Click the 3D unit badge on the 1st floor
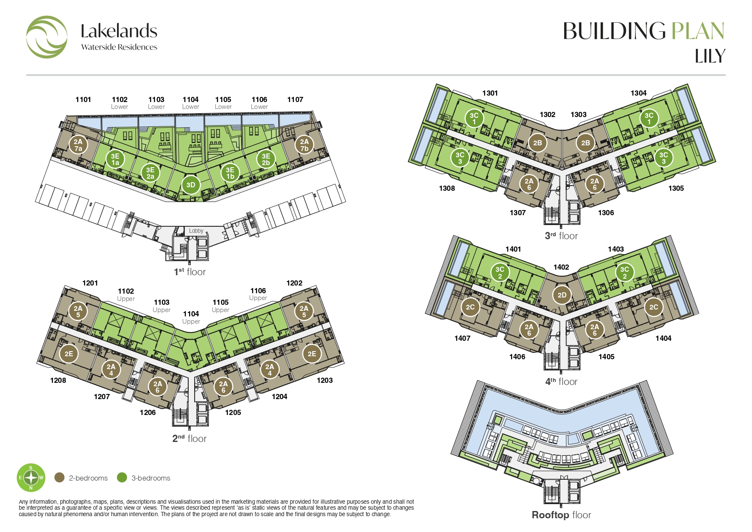coord(191,185)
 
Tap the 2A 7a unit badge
coord(78,145)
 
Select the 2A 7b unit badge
coord(304,145)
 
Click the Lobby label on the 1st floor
coord(196,231)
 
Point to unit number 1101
coord(83,99)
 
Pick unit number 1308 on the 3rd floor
coord(447,188)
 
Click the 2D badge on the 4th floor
coord(562,295)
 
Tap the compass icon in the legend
coord(31,478)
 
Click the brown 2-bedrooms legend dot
coord(60,478)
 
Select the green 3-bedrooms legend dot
coord(122,478)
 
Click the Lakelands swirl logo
coord(47,37)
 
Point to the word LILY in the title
coord(710,56)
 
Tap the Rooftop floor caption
coord(561,515)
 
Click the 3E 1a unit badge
coord(115,159)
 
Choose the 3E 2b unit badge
coord(266,159)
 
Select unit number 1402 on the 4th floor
coord(561,267)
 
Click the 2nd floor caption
coord(190,439)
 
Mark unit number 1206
coord(147,412)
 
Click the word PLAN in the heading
coord(698,31)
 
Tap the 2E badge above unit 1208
coord(69,354)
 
